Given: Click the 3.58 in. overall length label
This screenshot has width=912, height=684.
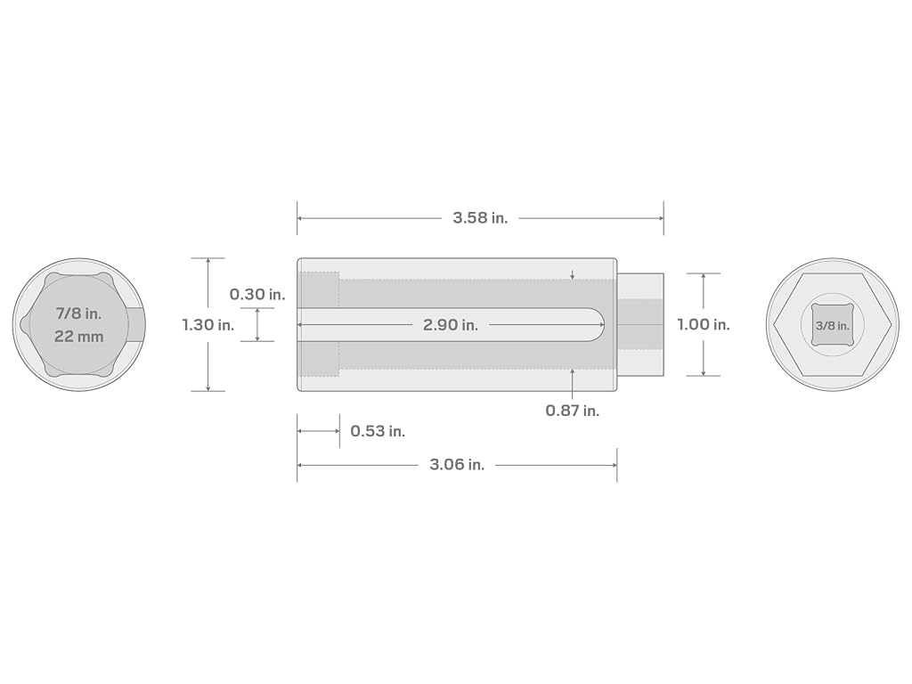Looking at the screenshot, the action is (480, 218).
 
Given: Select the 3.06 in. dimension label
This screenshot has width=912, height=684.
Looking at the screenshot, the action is (457, 465).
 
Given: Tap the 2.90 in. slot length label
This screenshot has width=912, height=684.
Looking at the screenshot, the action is (450, 324).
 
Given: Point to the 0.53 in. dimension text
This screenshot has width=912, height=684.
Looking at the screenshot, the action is (378, 431).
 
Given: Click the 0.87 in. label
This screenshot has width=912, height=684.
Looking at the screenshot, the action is (573, 411).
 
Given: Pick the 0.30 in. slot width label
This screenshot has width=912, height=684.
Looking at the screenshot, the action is (257, 294).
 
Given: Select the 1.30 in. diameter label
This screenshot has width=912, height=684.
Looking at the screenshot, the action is (208, 324).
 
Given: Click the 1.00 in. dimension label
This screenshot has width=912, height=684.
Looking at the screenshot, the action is (704, 324).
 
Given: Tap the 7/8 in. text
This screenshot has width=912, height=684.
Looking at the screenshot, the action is (78, 313).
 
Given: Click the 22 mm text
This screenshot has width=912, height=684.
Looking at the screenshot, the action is (78, 337).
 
